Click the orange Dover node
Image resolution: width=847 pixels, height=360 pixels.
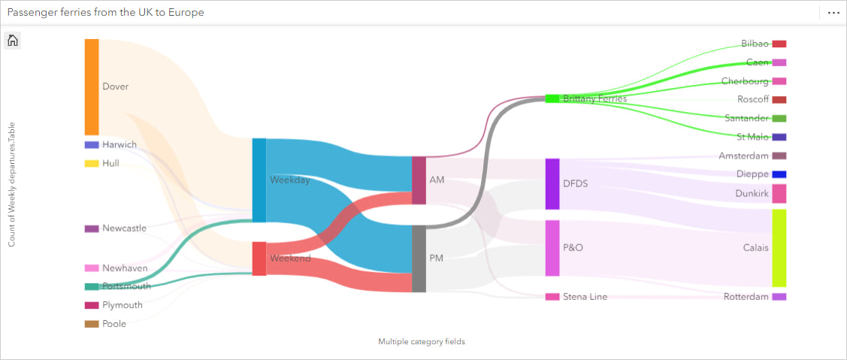[92, 87]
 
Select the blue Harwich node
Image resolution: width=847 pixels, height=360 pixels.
[92, 144]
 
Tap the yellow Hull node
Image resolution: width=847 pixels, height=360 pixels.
[92, 163]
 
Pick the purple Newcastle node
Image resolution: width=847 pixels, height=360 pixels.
[92, 228]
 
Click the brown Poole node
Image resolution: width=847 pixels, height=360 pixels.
[92, 324]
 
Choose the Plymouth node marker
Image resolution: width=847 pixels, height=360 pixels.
[92, 305]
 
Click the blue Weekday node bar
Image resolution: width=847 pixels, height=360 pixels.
[259, 180]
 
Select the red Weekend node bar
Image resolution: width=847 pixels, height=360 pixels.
[259, 259]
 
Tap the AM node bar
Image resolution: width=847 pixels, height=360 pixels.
[419, 180]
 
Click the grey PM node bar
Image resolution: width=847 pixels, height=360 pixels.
[419, 259]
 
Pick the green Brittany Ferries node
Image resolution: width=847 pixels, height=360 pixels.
[552, 98]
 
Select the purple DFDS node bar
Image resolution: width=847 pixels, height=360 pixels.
[552, 183]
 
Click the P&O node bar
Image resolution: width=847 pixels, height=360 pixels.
[552, 248]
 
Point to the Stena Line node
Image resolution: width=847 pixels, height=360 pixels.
[552, 297]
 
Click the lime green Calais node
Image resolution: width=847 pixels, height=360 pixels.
[779, 248]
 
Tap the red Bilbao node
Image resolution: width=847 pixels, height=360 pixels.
[779, 44]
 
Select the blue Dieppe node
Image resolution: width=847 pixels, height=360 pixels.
[779, 174]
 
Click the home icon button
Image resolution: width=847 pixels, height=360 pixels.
[13, 41]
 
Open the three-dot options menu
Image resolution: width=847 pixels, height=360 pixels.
[833, 13]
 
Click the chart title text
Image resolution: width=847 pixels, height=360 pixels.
[106, 13]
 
